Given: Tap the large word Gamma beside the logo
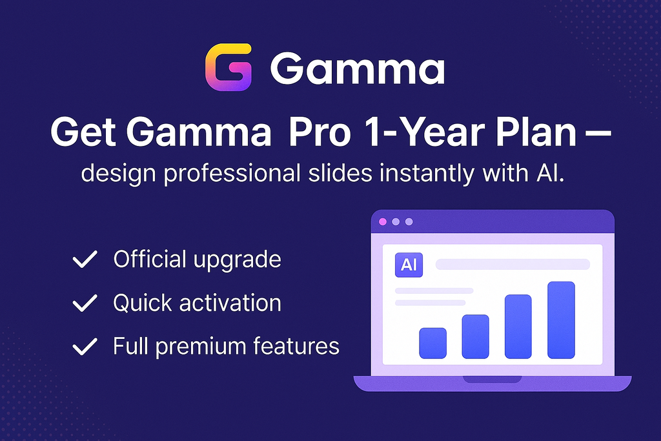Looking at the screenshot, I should click(357, 68).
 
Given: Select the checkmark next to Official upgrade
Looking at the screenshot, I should click(84, 260).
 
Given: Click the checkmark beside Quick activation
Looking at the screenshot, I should click(84, 303).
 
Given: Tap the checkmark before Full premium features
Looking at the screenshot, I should click(84, 347).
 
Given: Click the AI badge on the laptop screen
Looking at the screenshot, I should click(408, 265).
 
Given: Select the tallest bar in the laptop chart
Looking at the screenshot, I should click(561, 320).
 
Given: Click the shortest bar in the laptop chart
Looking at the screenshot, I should click(432, 343).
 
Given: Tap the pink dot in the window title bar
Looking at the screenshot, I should click(383, 221).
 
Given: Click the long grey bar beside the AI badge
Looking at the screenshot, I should click(513, 264).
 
